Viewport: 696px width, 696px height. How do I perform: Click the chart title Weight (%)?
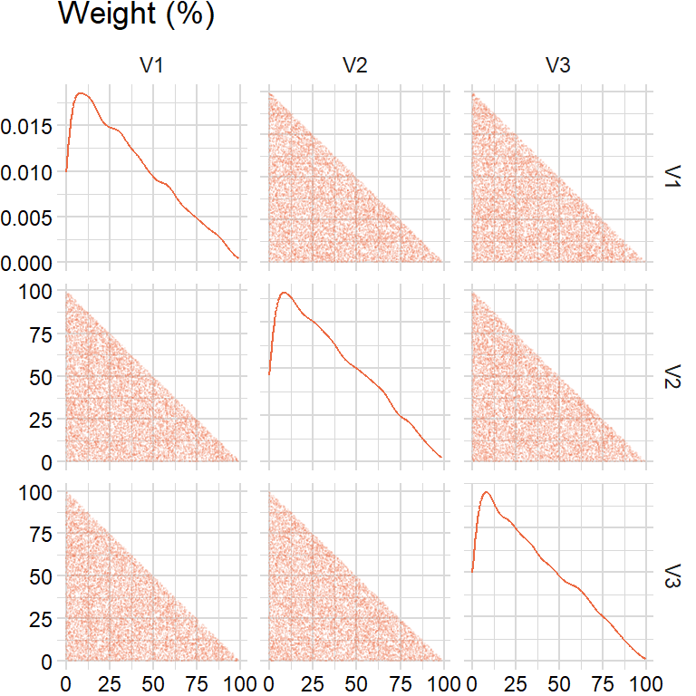[x=136, y=15]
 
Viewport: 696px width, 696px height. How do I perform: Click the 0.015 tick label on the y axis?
[x=27, y=126]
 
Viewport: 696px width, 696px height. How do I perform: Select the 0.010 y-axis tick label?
[x=27, y=171]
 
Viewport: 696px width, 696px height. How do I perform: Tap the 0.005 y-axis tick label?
[x=27, y=217]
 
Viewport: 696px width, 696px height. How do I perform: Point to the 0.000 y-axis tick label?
[x=27, y=263]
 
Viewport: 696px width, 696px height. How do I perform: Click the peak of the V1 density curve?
[x=82, y=92]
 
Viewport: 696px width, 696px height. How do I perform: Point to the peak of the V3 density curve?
[x=487, y=492]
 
